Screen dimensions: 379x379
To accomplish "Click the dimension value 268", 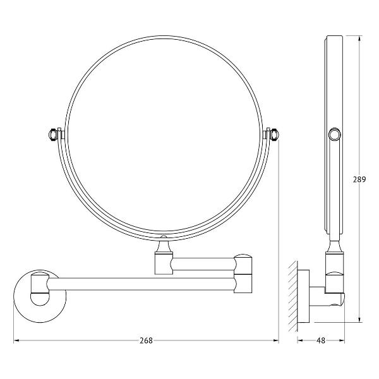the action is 147,340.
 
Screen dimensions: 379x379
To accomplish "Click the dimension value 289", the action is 359,179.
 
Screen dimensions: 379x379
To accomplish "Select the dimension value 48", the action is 321,340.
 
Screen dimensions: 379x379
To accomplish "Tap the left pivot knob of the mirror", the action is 52,135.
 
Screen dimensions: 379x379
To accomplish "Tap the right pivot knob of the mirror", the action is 275,135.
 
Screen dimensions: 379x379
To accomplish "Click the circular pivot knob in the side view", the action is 335,134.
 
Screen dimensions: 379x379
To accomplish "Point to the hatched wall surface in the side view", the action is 292,296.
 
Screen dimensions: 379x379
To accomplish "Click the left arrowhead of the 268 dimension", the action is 16,340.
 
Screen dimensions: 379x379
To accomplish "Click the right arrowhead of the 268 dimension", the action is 276,340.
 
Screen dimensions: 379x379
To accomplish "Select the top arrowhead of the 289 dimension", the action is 359,39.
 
